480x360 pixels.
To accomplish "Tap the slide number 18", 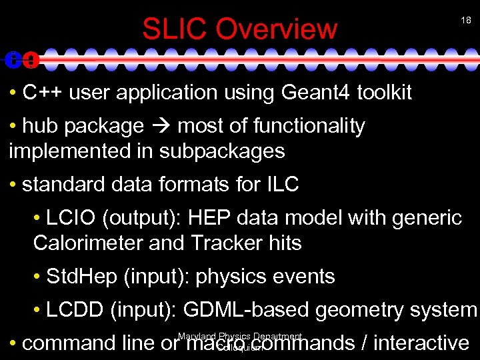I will pyautogui.click(x=466, y=21).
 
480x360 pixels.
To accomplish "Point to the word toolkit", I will pyautogui.click(x=385, y=93).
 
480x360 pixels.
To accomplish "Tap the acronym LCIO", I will pyautogui.click(x=69, y=218).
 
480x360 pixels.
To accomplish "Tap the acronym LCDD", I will pyautogui.click(x=73, y=310).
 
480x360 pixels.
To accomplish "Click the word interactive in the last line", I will pyautogui.click(x=421, y=343).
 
